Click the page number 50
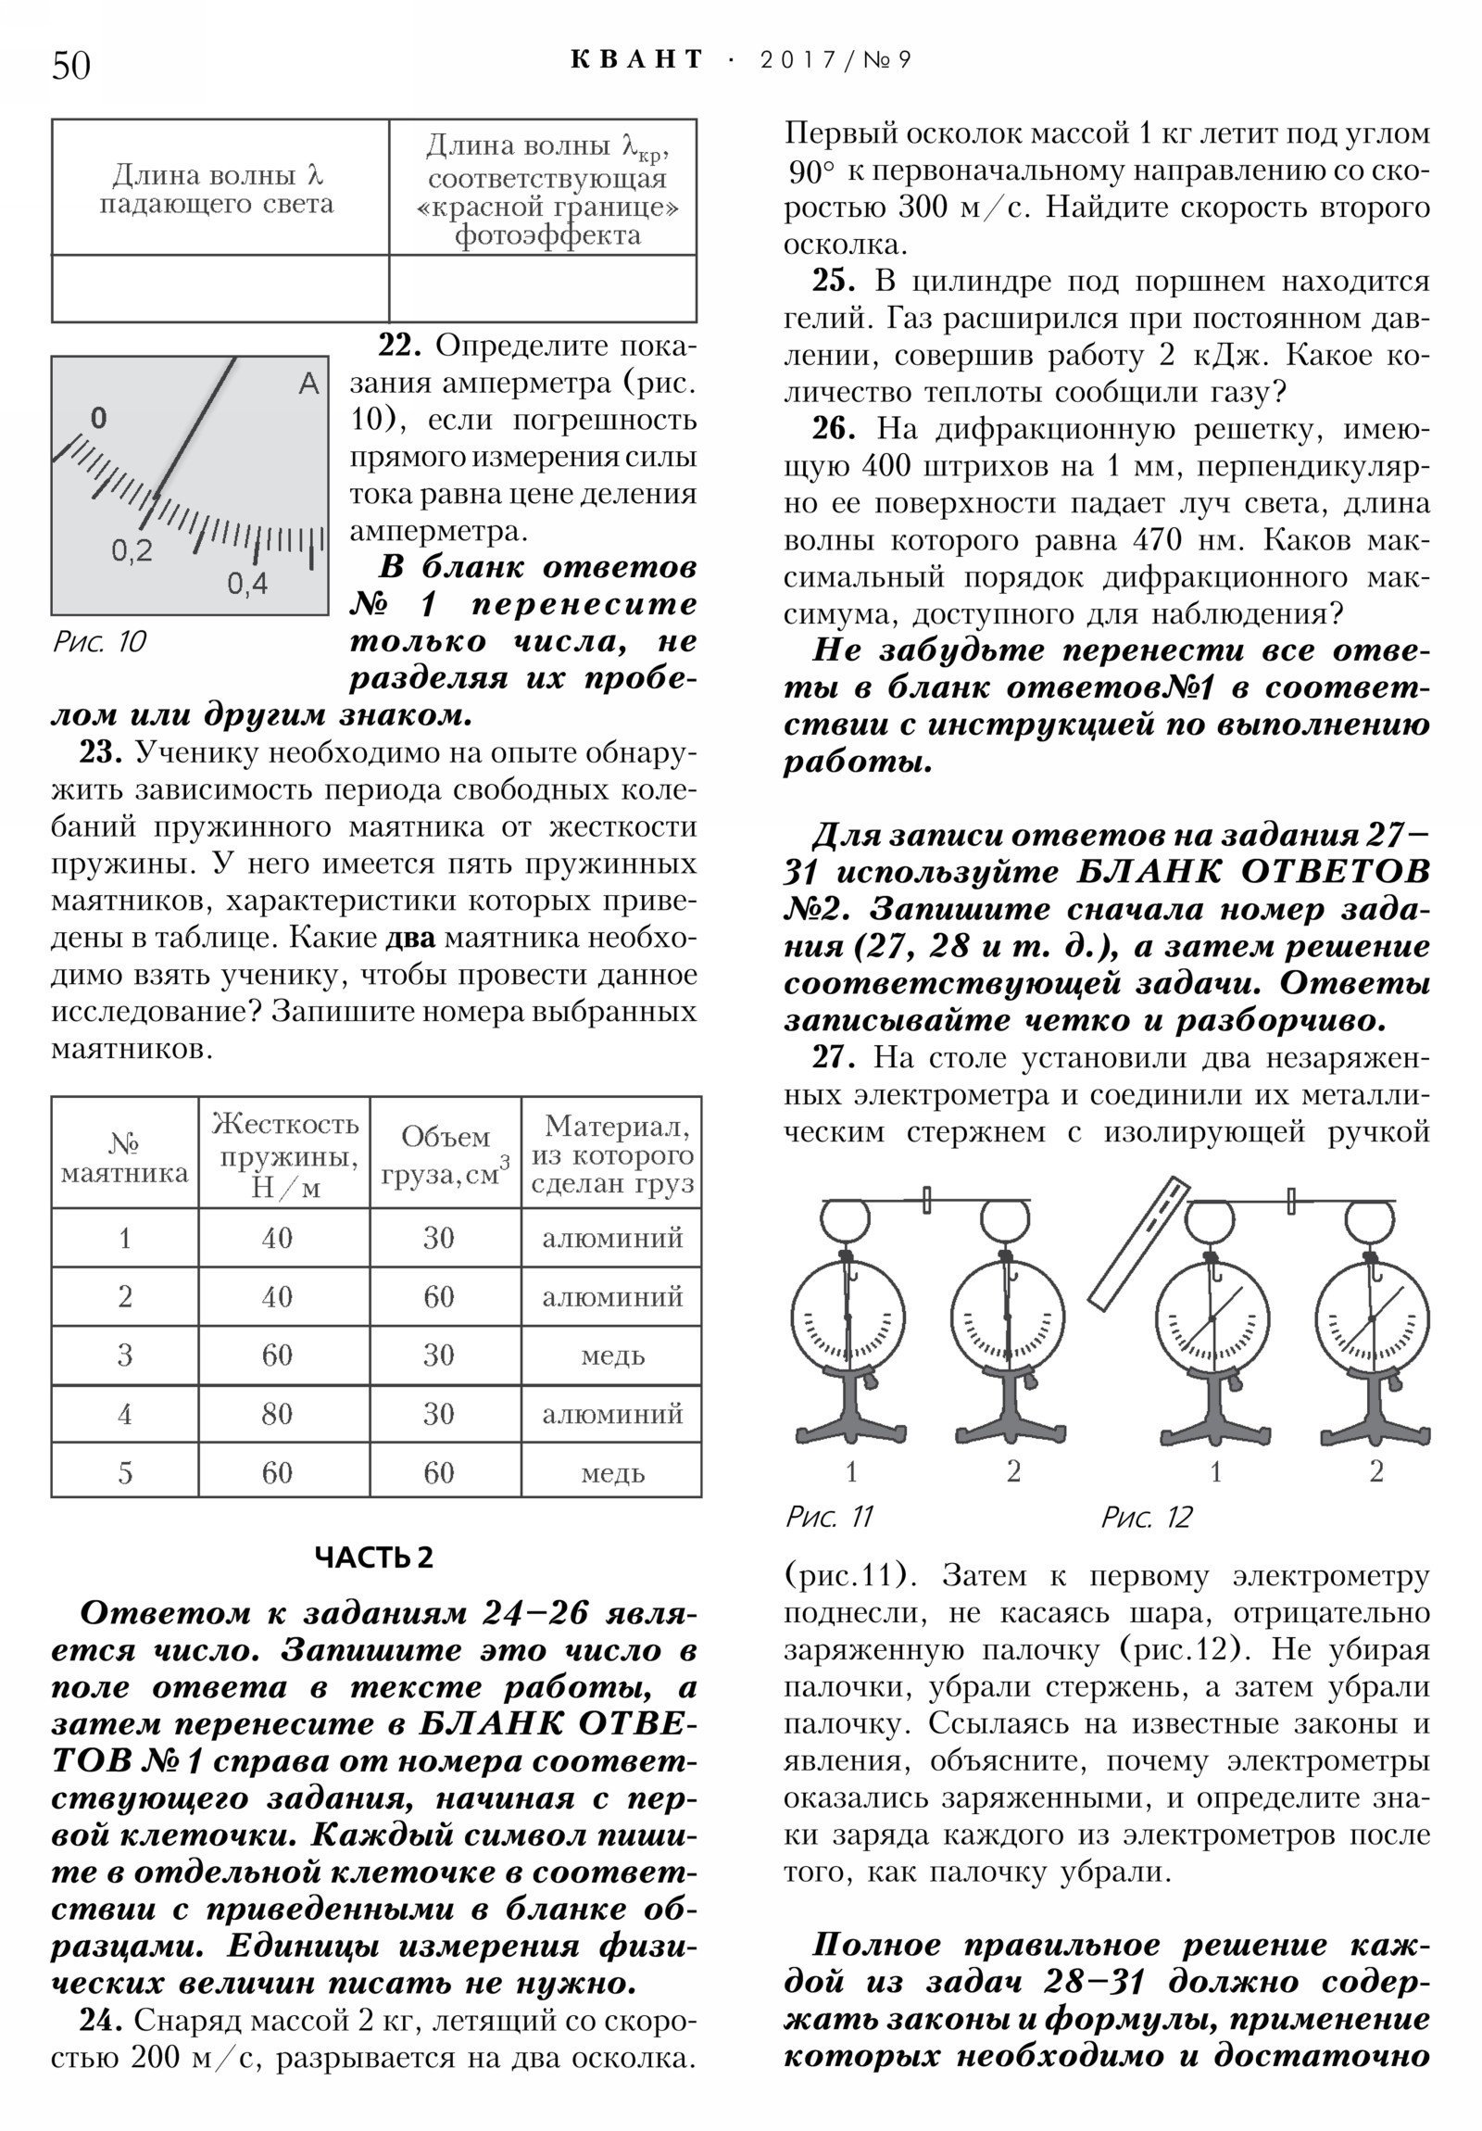tap(71, 67)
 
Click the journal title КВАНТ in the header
tap(636, 60)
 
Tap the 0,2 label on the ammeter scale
tap(132, 551)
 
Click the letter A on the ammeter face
tap(308, 384)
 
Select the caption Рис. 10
tap(98, 642)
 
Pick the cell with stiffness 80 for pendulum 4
tap(277, 1414)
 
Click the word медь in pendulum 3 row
tap(611, 1356)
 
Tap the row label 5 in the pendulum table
tap(124, 1473)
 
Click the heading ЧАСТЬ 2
tap(374, 1557)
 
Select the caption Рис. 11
tap(829, 1518)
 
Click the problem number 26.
tap(833, 429)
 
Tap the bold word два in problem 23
tap(410, 938)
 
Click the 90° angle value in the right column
tap(811, 171)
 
